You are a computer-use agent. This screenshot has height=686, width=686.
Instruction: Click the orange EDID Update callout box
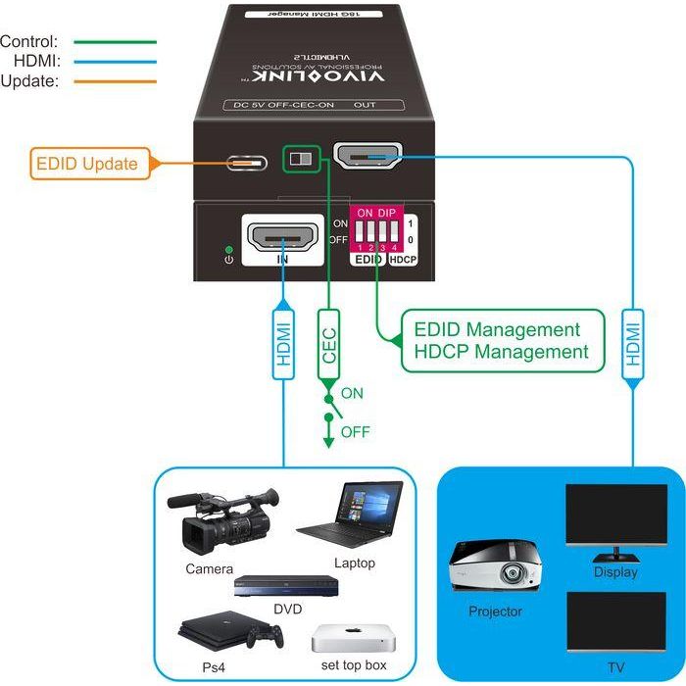click(x=87, y=164)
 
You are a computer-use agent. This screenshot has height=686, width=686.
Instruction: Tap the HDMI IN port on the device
click(x=283, y=237)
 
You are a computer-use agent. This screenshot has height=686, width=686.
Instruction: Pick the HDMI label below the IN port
click(x=283, y=346)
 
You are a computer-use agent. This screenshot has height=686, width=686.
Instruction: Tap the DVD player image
click(x=285, y=587)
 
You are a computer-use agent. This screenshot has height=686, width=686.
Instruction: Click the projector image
click(x=494, y=567)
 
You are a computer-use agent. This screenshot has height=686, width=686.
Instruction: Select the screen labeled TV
click(x=615, y=623)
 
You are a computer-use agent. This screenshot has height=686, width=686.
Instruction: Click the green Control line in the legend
click(x=115, y=42)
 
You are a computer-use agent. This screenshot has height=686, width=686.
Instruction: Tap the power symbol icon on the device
click(x=227, y=258)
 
